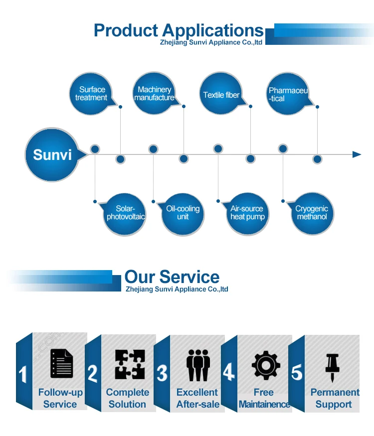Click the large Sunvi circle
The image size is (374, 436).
coord(52,154)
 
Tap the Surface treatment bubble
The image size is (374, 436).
coord(91,94)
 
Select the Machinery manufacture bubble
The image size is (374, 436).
coord(154,94)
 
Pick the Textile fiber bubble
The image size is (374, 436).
coord(221,95)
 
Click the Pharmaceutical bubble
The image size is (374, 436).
coord(288,94)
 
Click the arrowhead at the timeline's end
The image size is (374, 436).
coord(357,154)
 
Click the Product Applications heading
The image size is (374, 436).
coord(178,30)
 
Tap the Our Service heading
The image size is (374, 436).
coord(172,277)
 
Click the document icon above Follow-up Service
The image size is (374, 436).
coord(61,364)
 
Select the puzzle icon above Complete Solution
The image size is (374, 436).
coord(130,364)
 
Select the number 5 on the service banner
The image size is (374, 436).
coord(297,373)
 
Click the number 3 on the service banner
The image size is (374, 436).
coord(162,374)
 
